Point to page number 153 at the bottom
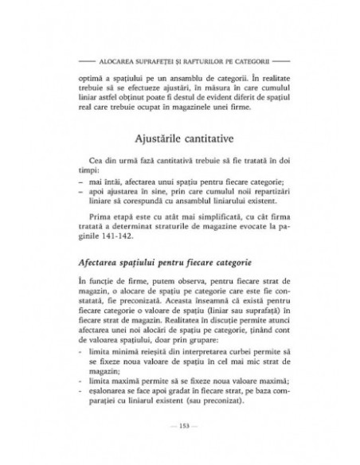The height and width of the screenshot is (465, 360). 180,444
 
